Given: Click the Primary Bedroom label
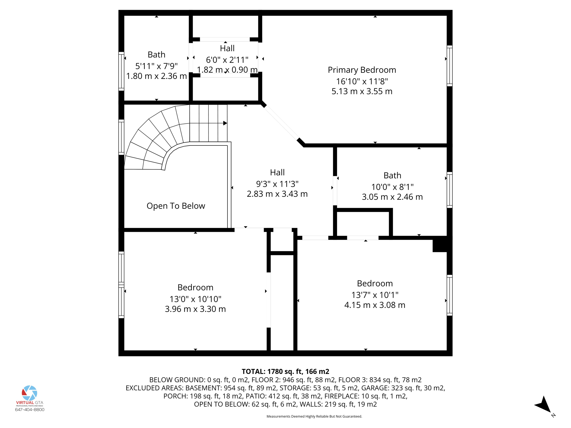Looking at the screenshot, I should pos(362,70).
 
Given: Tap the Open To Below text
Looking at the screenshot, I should pos(176,206).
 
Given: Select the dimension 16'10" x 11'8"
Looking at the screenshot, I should pos(362,81).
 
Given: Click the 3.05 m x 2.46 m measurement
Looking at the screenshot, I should pos(392,197).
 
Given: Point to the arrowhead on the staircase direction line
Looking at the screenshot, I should pos(225,123).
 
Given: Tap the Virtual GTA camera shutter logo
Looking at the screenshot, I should pos(30,393).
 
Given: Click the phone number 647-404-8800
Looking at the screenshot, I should pos(30,410).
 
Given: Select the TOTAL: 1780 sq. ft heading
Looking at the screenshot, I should pos(285,371).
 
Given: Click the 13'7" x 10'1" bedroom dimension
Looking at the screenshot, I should pos(374,295).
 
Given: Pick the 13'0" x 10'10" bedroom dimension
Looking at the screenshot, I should pos(195,299).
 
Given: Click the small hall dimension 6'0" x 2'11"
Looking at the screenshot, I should pos(227,60).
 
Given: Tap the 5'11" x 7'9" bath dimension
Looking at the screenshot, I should pos(156,66).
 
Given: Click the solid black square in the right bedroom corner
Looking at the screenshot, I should pos(440,244).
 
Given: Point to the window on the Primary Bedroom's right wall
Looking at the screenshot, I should pos(449,66).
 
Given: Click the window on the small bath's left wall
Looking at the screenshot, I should pos(121,71).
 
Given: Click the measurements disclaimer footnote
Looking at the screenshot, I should pos(314,416).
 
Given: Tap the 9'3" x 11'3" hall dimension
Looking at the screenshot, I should pos(277,184).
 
